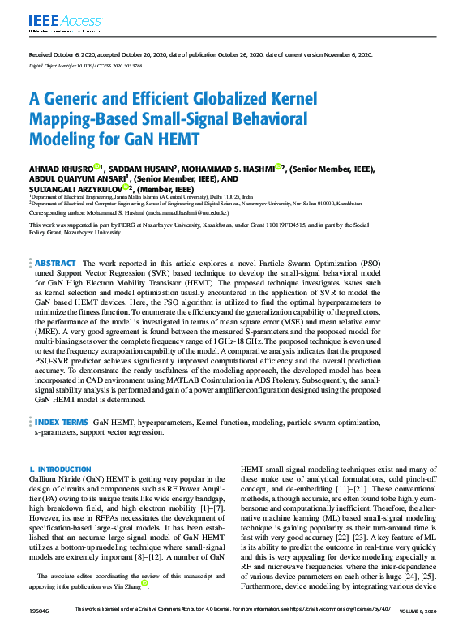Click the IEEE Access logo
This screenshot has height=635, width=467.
(x=55, y=20)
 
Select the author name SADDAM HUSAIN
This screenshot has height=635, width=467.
(x=140, y=169)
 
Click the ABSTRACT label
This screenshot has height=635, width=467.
(x=55, y=264)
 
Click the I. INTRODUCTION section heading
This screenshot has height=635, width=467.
(x=60, y=470)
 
